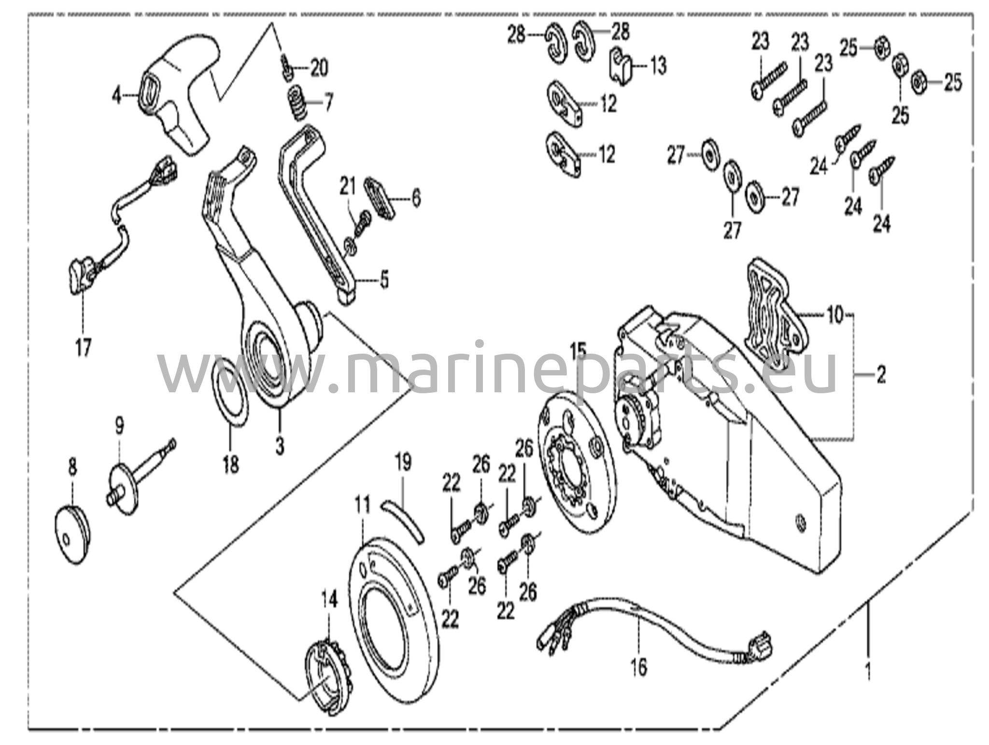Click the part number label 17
83,346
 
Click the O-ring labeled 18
231,392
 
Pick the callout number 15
578,350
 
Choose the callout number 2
881,374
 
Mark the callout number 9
119,426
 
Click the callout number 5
384,280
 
